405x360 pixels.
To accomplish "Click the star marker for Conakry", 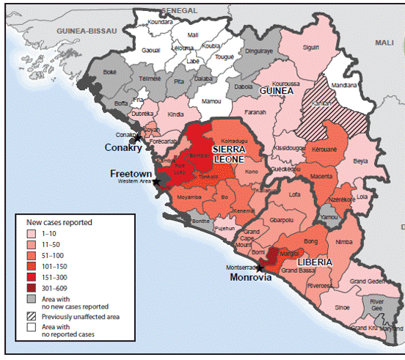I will (x=138, y=138).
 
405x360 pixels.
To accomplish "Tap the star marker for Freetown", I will (x=156, y=182).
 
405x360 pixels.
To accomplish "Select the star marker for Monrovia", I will (x=260, y=269).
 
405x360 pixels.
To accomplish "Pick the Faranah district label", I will (x=255, y=114).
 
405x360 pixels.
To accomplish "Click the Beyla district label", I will (x=360, y=161).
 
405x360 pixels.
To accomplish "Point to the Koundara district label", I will (x=160, y=23).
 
